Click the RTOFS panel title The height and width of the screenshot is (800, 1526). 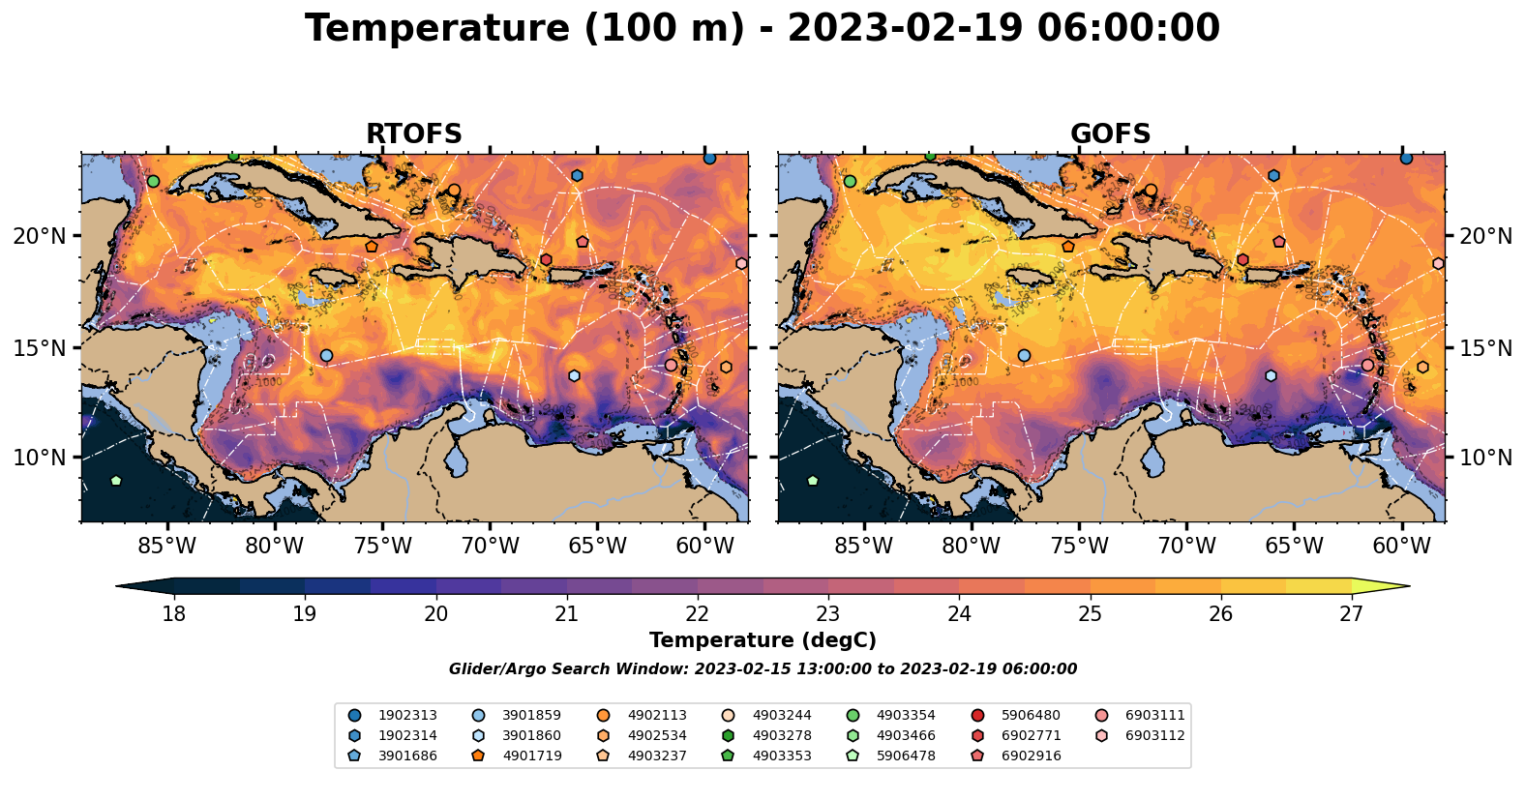point(413,134)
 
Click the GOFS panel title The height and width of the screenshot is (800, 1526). point(1110,134)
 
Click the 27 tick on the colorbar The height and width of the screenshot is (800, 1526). point(1351,614)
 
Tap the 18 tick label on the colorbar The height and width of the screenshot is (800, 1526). point(173,614)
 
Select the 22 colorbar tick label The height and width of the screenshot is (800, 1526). point(698,614)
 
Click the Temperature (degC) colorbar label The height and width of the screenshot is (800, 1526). point(763,640)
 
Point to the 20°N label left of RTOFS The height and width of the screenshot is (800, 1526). point(40,236)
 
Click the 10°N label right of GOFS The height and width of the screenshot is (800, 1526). point(1485,458)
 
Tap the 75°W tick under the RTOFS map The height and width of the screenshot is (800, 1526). point(382,547)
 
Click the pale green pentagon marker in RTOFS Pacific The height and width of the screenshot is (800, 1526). point(116,481)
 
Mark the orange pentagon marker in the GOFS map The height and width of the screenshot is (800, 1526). point(1068,247)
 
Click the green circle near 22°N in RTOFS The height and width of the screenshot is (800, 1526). point(153,181)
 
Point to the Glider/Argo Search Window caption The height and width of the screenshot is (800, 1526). point(763,669)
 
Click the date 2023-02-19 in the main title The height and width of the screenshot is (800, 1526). point(905,29)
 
